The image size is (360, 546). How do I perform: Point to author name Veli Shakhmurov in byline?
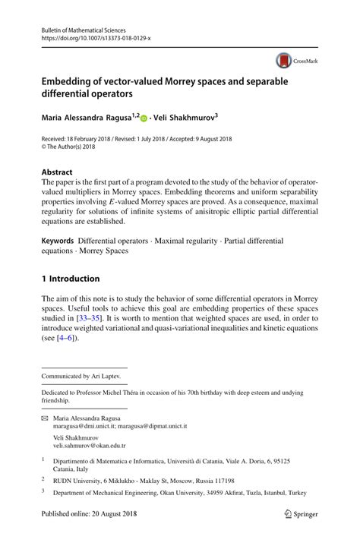click(x=194, y=118)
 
